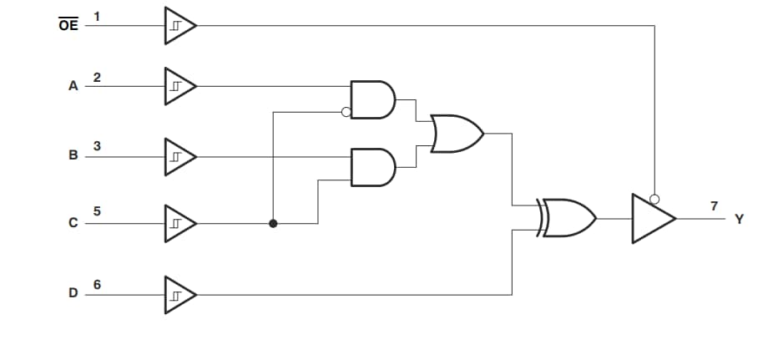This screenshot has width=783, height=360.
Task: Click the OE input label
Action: [68, 25]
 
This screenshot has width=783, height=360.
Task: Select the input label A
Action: [73, 86]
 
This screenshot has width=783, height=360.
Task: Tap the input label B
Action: [73, 155]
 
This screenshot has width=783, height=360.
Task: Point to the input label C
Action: [73, 223]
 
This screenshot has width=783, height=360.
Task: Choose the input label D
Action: [73, 293]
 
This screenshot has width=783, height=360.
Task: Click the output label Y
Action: [738, 219]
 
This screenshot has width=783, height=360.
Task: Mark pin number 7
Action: [714, 205]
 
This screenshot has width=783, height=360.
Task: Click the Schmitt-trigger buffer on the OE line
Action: [179, 25]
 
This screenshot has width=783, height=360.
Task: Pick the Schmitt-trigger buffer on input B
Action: [179, 156]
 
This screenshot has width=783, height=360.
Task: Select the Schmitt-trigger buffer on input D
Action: [179, 294]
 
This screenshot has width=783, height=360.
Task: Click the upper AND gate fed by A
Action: [372, 99]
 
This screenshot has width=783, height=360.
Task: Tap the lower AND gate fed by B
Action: [372, 167]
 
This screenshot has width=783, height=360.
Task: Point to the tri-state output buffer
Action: [652, 219]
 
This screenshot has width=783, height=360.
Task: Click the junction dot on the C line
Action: [273, 224]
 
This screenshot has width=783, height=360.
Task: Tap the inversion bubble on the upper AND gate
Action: [346, 113]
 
